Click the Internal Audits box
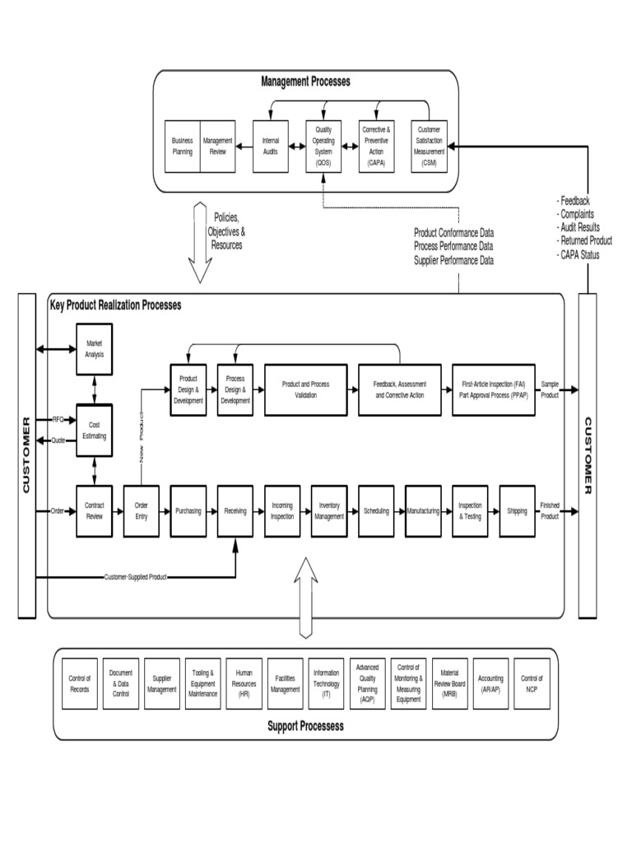click(271, 147)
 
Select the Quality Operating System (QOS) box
click(323, 147)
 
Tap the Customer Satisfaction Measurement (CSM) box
click(429, 147)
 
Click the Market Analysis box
click(94, 349)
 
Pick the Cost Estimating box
click(94, 430)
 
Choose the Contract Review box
click(94, 511)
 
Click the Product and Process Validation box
click(305, 389)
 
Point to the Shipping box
click(518, 511)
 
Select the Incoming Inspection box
click(282, 511)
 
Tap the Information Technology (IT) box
click(327, 683)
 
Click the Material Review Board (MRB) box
click(450, 683)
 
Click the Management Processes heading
click(305, 81)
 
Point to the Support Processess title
click(305, 726)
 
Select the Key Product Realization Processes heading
click(115, 305)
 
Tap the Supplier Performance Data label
click(453, 260)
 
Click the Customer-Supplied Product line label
click(136, 577)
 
